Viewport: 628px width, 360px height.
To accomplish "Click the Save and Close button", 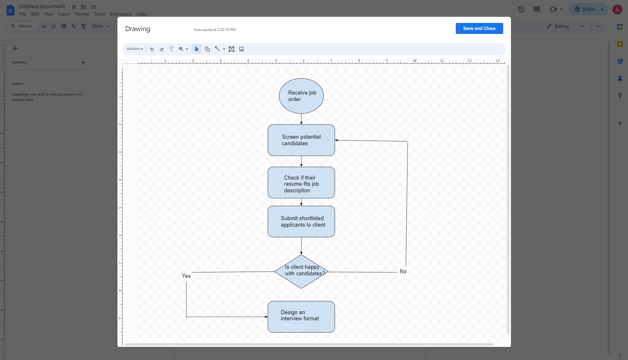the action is pos(479,28).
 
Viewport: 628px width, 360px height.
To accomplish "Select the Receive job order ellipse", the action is pos(301,96).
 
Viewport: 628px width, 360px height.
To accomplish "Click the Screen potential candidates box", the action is pos(301,140).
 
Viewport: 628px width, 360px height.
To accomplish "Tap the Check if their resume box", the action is pos(301,182).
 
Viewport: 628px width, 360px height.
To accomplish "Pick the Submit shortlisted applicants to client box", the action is pos(301,221).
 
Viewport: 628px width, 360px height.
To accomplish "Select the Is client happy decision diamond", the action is pos(301,271).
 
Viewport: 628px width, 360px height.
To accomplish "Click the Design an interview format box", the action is pos(301,317).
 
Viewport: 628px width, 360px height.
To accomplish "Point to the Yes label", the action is pos(186,276).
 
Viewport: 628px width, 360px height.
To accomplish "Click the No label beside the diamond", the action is pos(403,271).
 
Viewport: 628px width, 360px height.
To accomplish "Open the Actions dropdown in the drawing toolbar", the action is pos(135,49).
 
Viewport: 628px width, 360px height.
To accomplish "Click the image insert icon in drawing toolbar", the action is pos(241,49).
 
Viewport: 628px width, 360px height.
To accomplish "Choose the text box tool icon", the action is pos(231,49).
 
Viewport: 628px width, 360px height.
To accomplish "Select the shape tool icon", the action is pos(207,49).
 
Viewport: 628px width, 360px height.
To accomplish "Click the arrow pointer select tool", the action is pos(196,49).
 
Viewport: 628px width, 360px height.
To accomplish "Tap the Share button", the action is pos(584,9).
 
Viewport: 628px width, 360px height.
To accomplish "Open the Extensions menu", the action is pos(121,14).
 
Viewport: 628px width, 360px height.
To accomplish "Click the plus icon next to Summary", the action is pos(83,63).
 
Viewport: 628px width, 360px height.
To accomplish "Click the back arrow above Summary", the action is pos(16,48).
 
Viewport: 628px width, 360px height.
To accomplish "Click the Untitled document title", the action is pos(42,6).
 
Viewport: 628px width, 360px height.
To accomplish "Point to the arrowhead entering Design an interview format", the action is pos(266,317).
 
